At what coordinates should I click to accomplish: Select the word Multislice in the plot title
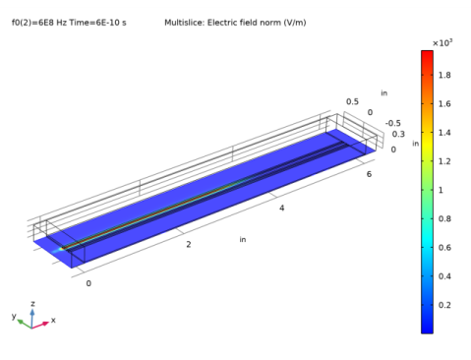184,21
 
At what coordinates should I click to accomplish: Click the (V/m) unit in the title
292,21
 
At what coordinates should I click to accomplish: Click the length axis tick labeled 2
189,244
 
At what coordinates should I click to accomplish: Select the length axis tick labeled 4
283,209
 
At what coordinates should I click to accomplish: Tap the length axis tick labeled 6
369,174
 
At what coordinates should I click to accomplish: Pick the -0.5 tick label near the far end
392,123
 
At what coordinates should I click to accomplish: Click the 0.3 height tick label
397,134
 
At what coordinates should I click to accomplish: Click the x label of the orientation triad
53,321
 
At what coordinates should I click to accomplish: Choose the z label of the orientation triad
32,305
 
